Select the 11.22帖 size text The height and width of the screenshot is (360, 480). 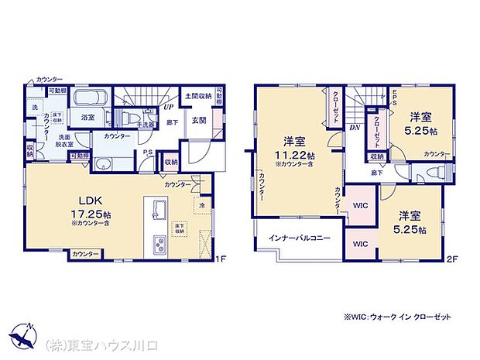coord(293,153)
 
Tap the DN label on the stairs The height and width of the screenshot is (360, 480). coord(354,127)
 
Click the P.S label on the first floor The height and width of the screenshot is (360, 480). coord(146,153)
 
